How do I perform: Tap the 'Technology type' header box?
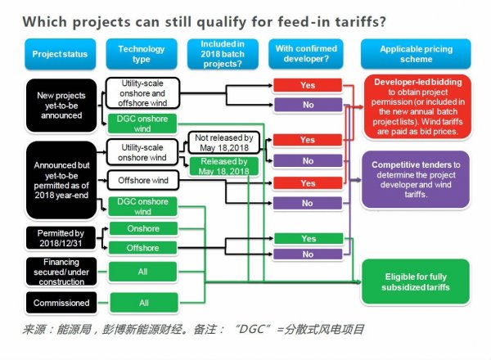pos(143,55)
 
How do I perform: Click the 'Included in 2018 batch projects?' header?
pos(223,55)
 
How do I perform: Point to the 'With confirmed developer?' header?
pos(308,55)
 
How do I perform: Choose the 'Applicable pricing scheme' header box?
pos(416,55)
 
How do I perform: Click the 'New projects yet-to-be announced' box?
pos(61,104)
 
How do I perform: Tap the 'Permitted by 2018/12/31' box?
pos(61,237)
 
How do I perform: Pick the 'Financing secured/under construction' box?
pos(61,272)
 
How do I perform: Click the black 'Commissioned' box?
pos(61,303)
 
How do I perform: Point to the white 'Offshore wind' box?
pos(143,180)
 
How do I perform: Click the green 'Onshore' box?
pos(143,228)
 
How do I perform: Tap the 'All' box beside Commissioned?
pos(143,303)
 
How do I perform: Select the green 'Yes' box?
pos(308,238)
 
